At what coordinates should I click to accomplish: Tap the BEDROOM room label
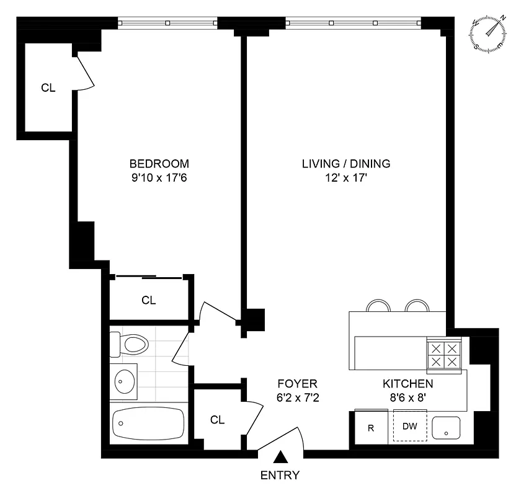[159, 164]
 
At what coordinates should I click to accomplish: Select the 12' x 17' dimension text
[346, 178]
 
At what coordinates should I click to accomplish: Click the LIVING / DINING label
[345, 164]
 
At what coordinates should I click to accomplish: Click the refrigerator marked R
[370, 427]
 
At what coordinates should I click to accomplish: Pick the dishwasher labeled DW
[410, 427]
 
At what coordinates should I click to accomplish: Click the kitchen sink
[447, 427]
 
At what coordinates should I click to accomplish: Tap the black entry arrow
[281, 458]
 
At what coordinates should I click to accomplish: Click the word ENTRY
[280, 476]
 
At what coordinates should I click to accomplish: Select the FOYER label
[298, 384]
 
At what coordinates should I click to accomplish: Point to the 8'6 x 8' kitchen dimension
[407, 398]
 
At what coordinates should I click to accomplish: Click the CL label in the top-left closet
[48, 88]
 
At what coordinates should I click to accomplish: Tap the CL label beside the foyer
[216, 420]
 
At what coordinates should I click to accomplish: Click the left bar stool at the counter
[376, 306]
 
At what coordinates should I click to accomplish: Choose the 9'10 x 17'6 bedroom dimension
[159, 178]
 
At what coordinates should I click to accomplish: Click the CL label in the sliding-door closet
[148, 300]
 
